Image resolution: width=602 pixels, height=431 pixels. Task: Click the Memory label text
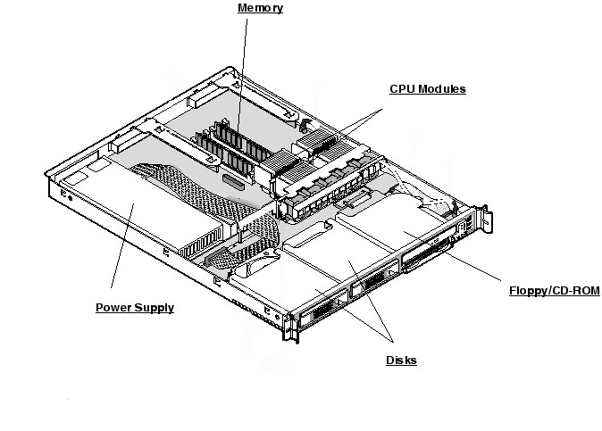(260, 9)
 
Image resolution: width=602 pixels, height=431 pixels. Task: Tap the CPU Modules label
(427, 89)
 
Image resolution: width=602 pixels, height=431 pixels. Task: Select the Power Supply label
(134, 308)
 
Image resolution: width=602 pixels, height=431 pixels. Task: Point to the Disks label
(401, 361)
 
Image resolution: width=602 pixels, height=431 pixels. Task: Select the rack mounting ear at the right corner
(482, 223)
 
